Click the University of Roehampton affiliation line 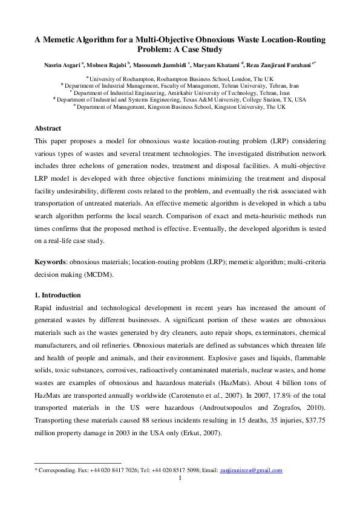tap(180, 79)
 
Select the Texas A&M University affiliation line tap(180, 99)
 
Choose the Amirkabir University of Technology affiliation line tap(180, 92)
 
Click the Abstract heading tap(48, 129)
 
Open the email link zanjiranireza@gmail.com tap(250, 470)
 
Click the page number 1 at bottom tap(180, 478)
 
